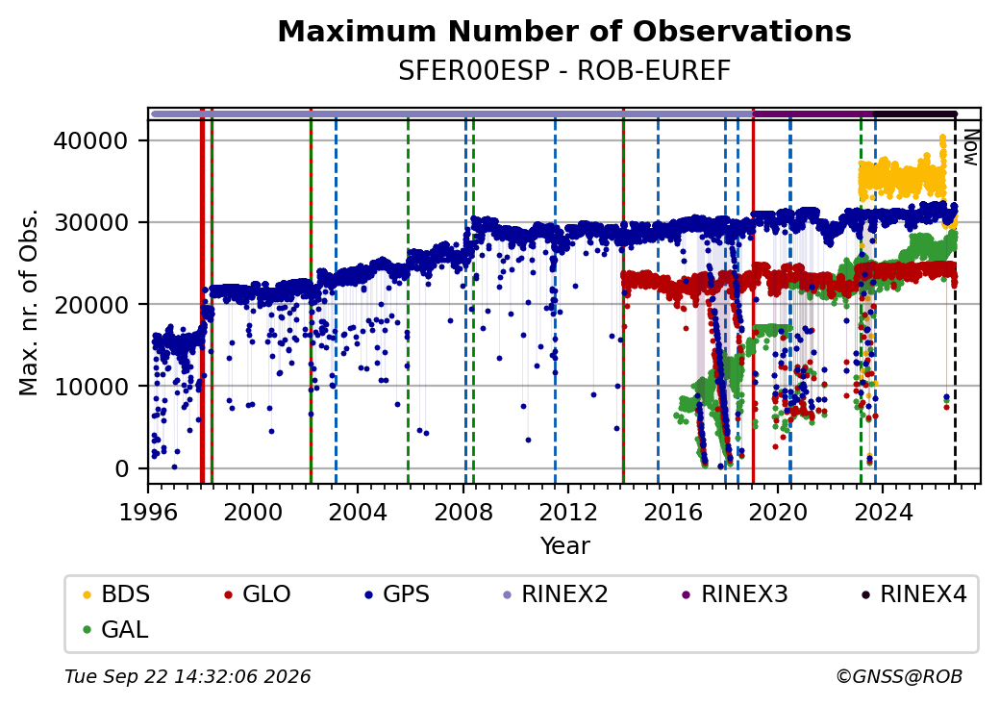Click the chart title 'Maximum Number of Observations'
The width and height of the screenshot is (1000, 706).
point(564,31)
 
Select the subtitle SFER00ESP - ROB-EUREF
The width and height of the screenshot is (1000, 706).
point(564,71)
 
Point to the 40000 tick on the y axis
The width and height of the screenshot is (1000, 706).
point(90,140)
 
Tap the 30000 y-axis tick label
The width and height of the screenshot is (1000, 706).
point(90,222)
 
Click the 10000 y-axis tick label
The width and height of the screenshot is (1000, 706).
point(90,387)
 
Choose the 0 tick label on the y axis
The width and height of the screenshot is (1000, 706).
point(122,468)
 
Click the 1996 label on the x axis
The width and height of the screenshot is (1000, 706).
point(148,512)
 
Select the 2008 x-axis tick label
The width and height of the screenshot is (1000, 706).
point(463,512)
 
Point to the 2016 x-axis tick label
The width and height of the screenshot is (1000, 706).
point(673,512)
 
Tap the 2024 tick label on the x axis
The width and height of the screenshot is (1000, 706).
point(883,512)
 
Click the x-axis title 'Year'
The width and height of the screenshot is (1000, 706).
point(565,546)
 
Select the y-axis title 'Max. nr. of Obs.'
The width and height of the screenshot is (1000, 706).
point(29,302)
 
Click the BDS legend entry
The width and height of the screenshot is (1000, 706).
point(116,594)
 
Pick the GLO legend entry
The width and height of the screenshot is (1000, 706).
point(258,594)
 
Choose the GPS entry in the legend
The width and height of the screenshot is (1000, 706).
point(397,594)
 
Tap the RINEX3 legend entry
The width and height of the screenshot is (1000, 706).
point(735,594)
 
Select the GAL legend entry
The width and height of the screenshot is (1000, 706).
point(115,629)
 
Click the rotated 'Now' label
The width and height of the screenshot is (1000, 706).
point(970,147)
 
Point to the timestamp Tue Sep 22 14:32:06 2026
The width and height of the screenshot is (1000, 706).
point(187,676)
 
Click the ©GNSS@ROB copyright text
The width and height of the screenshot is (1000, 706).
point(899,676)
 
